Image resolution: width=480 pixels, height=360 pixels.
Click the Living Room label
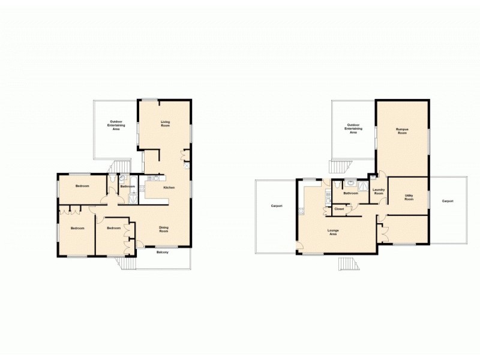pyautogui.click(x=165, y=124)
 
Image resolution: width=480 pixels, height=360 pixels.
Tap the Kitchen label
pyautogui.click(x=169, y=188)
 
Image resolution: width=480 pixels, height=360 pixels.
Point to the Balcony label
pyautogui.click(x=162, y=252)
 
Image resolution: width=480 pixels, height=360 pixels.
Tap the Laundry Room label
pyautogui.click(x=378, y=192)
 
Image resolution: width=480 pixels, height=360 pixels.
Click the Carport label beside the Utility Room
pyautogui.click(x=447, y=201)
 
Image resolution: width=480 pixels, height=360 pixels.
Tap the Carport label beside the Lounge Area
pyautogui.click(x=277, y=206)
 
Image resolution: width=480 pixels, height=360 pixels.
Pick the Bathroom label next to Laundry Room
pyautogui.click(x=350, y=193)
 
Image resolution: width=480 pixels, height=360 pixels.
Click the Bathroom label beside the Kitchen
pyautogui.click(x=127, y=187)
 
